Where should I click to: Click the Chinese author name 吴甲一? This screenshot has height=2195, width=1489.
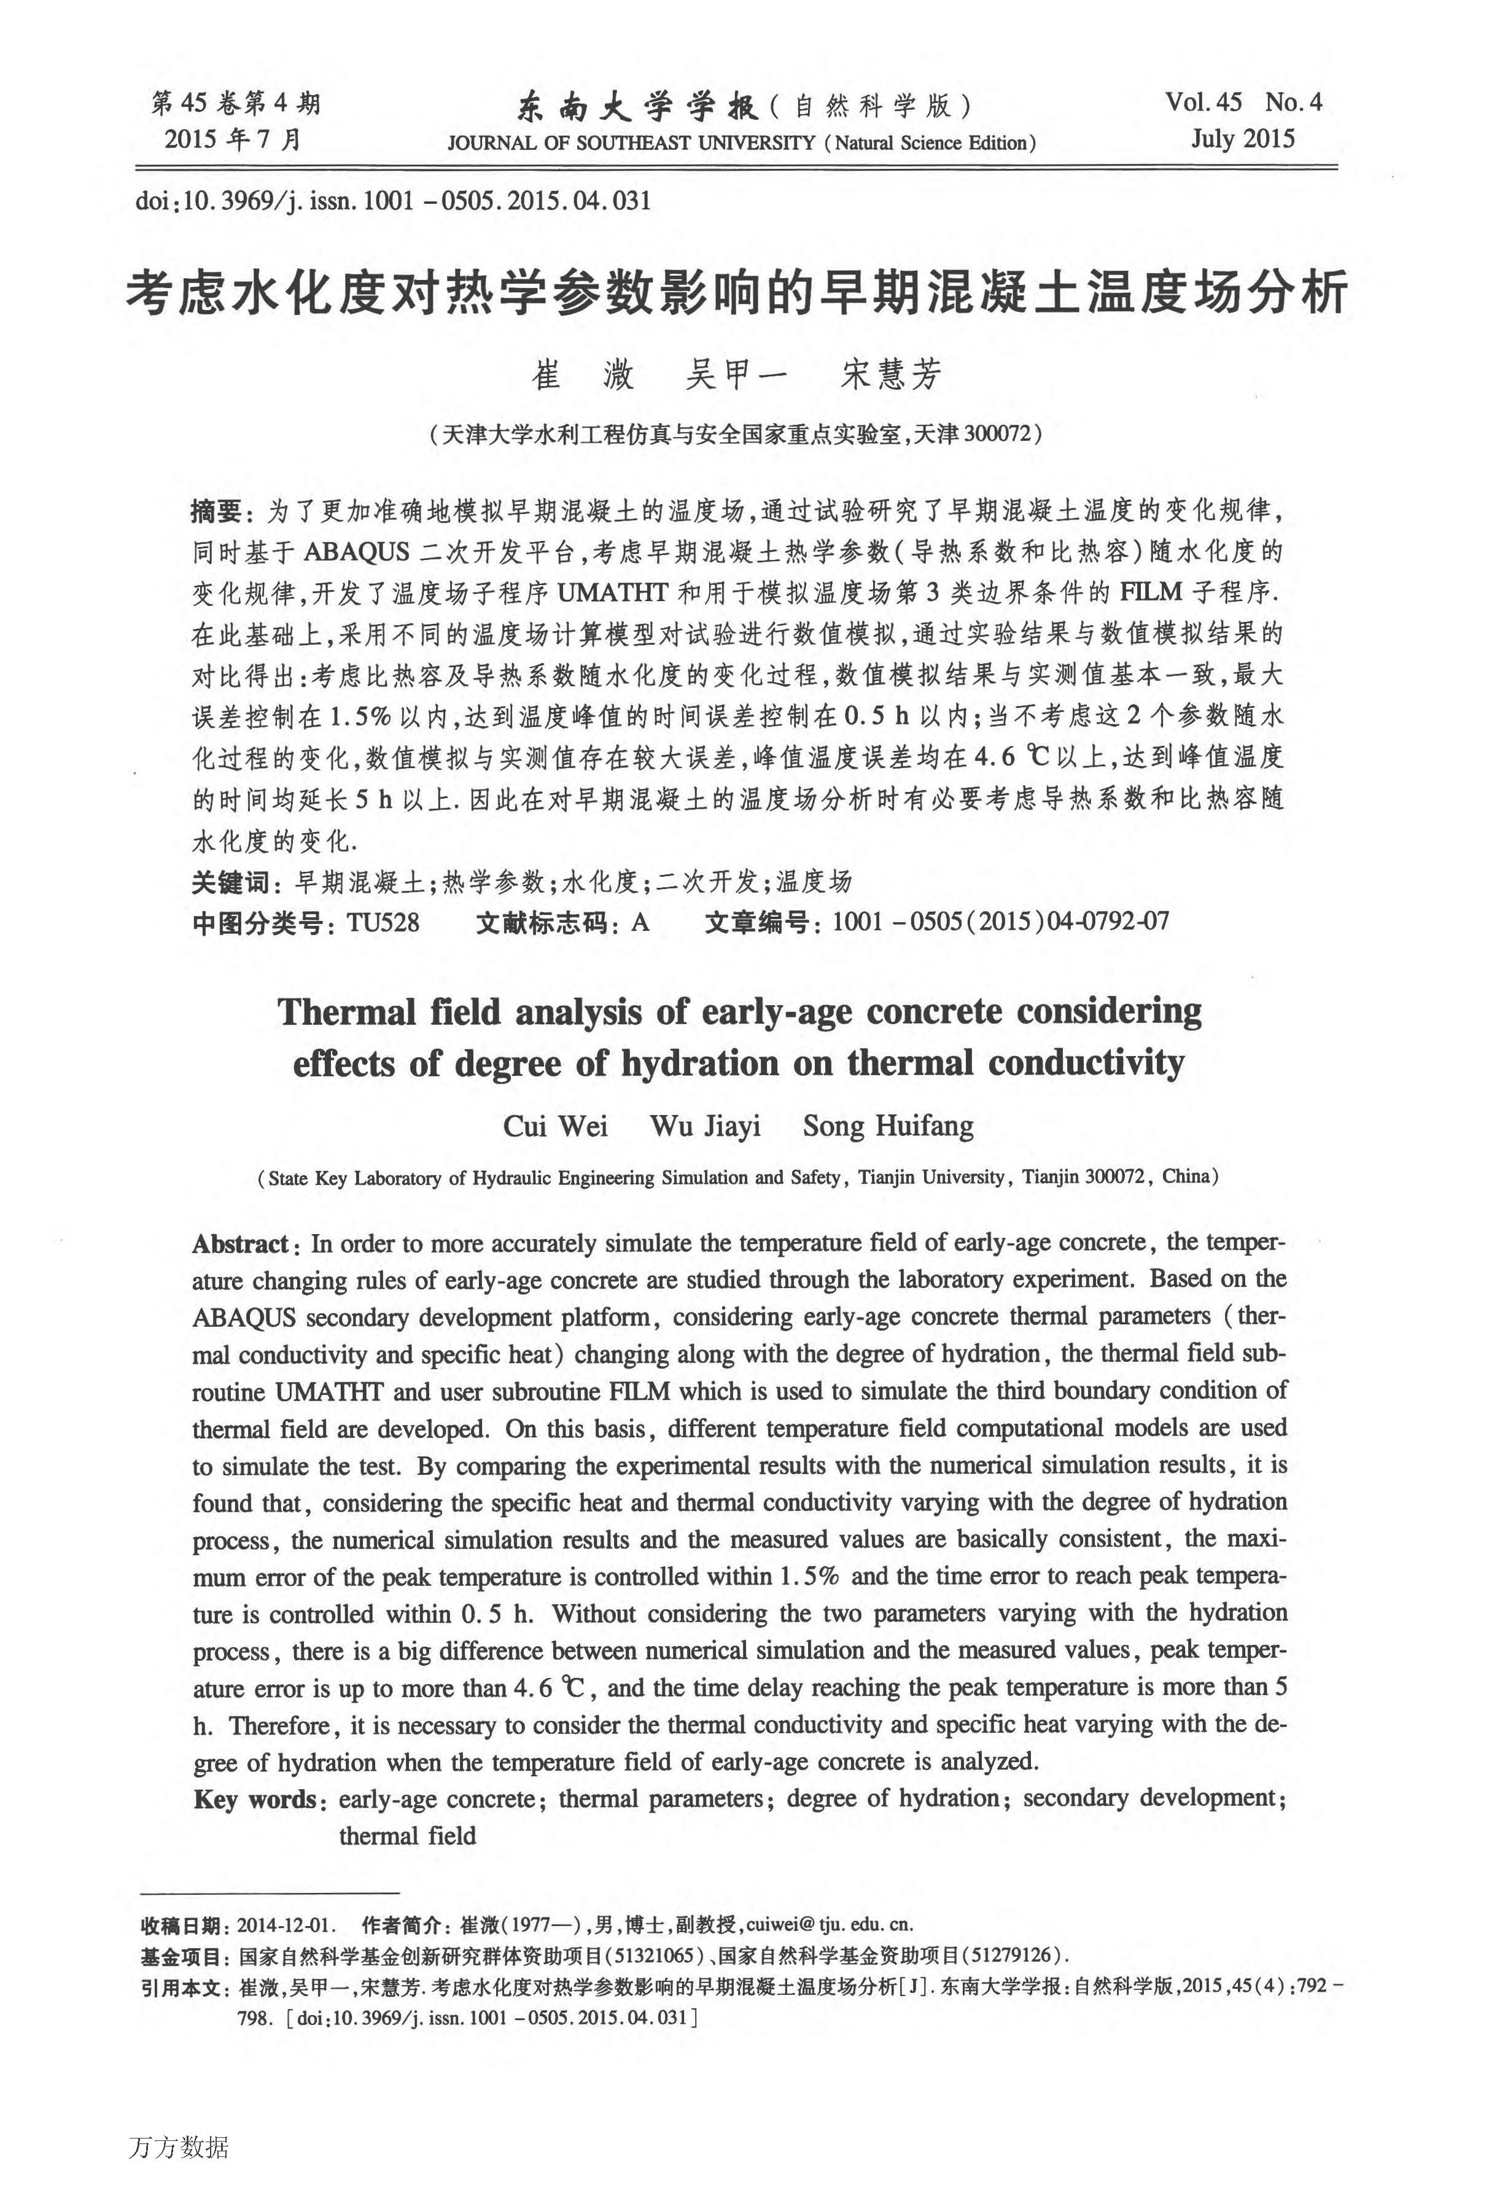point(735,375)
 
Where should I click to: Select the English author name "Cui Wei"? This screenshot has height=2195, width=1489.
point(556,1126)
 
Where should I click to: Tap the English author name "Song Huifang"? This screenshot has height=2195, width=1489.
point(888,1126)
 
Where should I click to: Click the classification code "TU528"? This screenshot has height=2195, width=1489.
point(383,921)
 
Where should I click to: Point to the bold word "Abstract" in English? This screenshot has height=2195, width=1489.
point(240,1244)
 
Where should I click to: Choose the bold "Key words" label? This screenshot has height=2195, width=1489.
point(254,1798)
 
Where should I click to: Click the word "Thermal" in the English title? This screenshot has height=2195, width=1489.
point(347,1012)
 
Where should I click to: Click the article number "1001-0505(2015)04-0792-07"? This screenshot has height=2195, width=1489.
point(1000,921)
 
